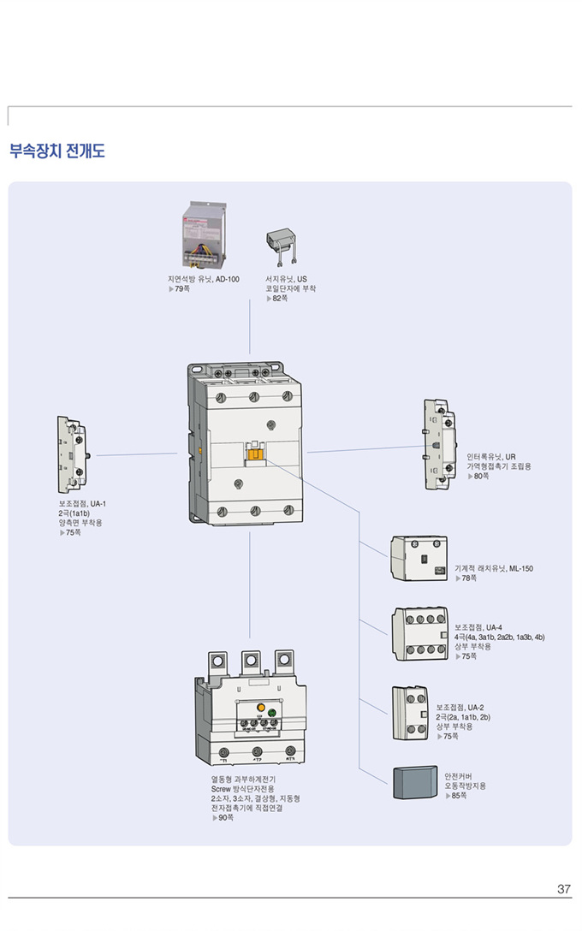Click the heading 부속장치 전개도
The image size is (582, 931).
point(56,152)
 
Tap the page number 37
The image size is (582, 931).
point(563,889)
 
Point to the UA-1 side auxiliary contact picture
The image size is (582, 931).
point(71,454)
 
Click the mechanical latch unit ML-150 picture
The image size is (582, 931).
point(419,559)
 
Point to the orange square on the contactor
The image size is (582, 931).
point(254,454)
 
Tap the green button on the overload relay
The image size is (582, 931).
point(273,711)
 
